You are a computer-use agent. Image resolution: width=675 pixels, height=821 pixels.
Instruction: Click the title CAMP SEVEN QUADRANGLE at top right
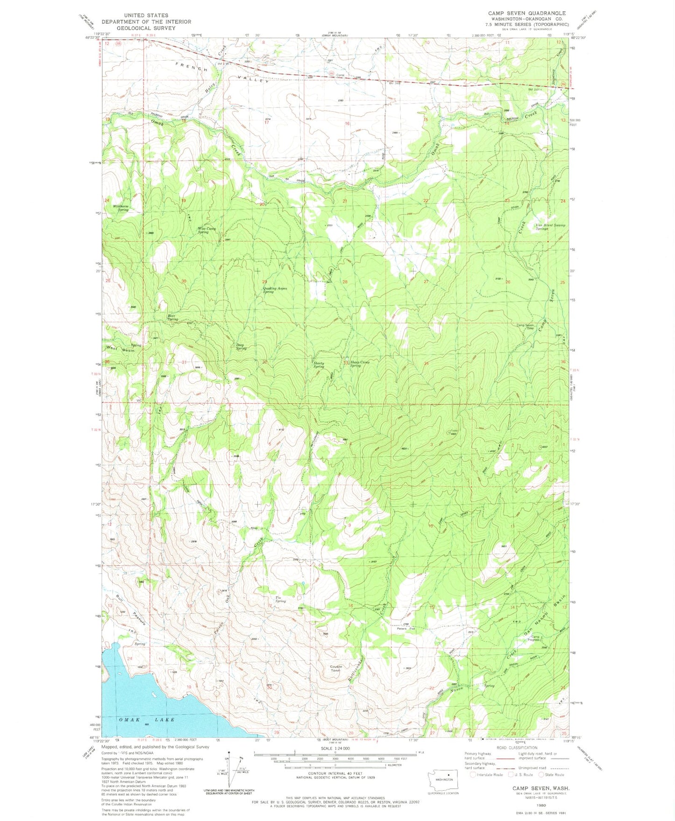527,13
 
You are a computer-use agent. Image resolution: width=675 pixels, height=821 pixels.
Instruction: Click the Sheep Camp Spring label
360,364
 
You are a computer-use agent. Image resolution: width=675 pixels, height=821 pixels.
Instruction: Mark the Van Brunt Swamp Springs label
550,227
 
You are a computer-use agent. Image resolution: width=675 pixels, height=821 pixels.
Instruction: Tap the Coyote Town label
336,668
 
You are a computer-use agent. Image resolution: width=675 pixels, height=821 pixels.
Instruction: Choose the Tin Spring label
280,599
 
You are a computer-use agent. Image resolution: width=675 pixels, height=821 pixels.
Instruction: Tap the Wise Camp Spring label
206,230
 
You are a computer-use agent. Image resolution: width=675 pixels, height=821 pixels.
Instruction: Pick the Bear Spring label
172,317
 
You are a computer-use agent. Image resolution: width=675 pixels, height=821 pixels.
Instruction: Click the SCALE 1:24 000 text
335,748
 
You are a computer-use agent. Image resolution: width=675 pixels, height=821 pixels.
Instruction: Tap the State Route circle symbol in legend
542,775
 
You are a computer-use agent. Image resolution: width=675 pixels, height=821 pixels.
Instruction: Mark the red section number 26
508,282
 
